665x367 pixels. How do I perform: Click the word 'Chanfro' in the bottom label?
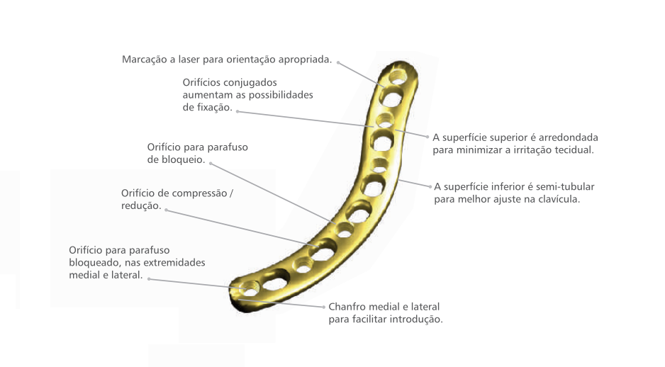point(347,307)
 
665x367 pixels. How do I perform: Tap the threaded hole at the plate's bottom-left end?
point(250,288)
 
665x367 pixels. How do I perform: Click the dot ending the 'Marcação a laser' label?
point(338,62)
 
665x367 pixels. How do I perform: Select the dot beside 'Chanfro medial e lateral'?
point(323,307)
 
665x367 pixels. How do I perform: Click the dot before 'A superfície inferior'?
point(428,186)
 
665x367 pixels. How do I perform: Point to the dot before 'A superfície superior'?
point(427,137)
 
